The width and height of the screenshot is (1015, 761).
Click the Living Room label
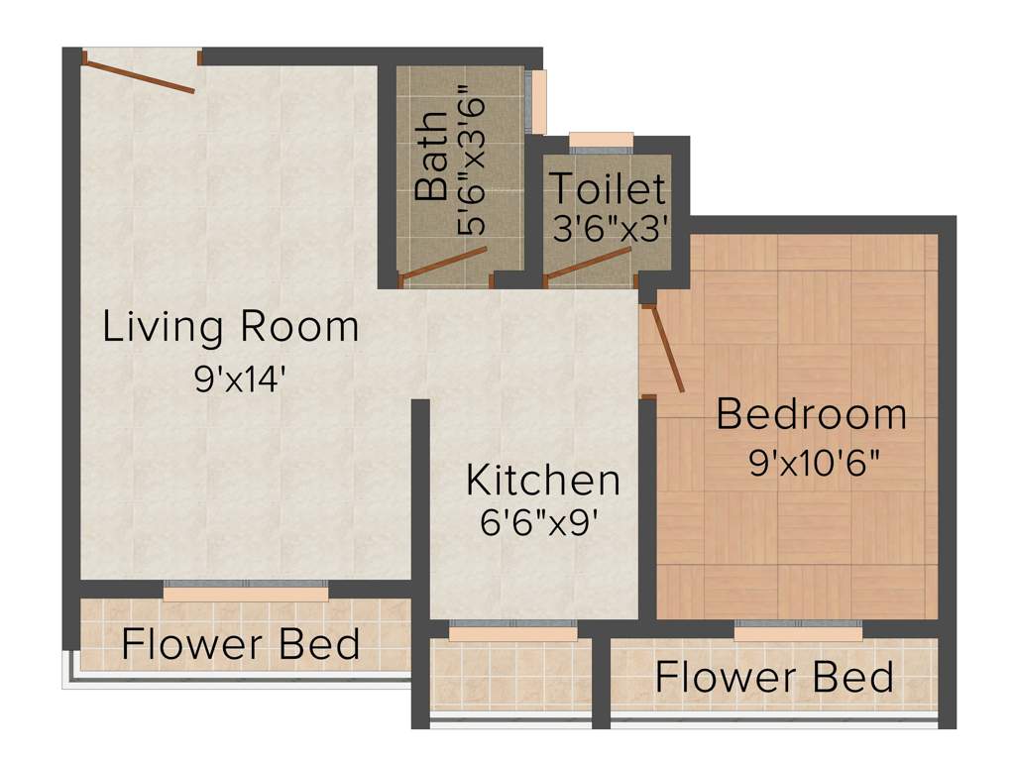click(231, 327)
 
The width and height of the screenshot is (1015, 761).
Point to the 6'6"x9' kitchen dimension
click(542, 522)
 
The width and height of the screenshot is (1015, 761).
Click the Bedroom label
click(811, 414)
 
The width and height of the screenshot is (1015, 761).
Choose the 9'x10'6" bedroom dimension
click(815, 464)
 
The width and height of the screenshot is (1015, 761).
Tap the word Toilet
click(607, 188)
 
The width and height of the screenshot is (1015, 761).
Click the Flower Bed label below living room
click(241, 644)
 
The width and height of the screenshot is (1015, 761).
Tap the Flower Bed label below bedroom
click(774, 678)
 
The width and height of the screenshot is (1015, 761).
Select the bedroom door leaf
click(664, 350)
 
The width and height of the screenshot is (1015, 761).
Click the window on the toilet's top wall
click(601, 140)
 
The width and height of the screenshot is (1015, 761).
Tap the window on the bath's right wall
click(538, 101)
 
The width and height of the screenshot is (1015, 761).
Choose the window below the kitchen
click(512, 632)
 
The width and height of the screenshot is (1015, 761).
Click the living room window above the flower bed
click(245, 592)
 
